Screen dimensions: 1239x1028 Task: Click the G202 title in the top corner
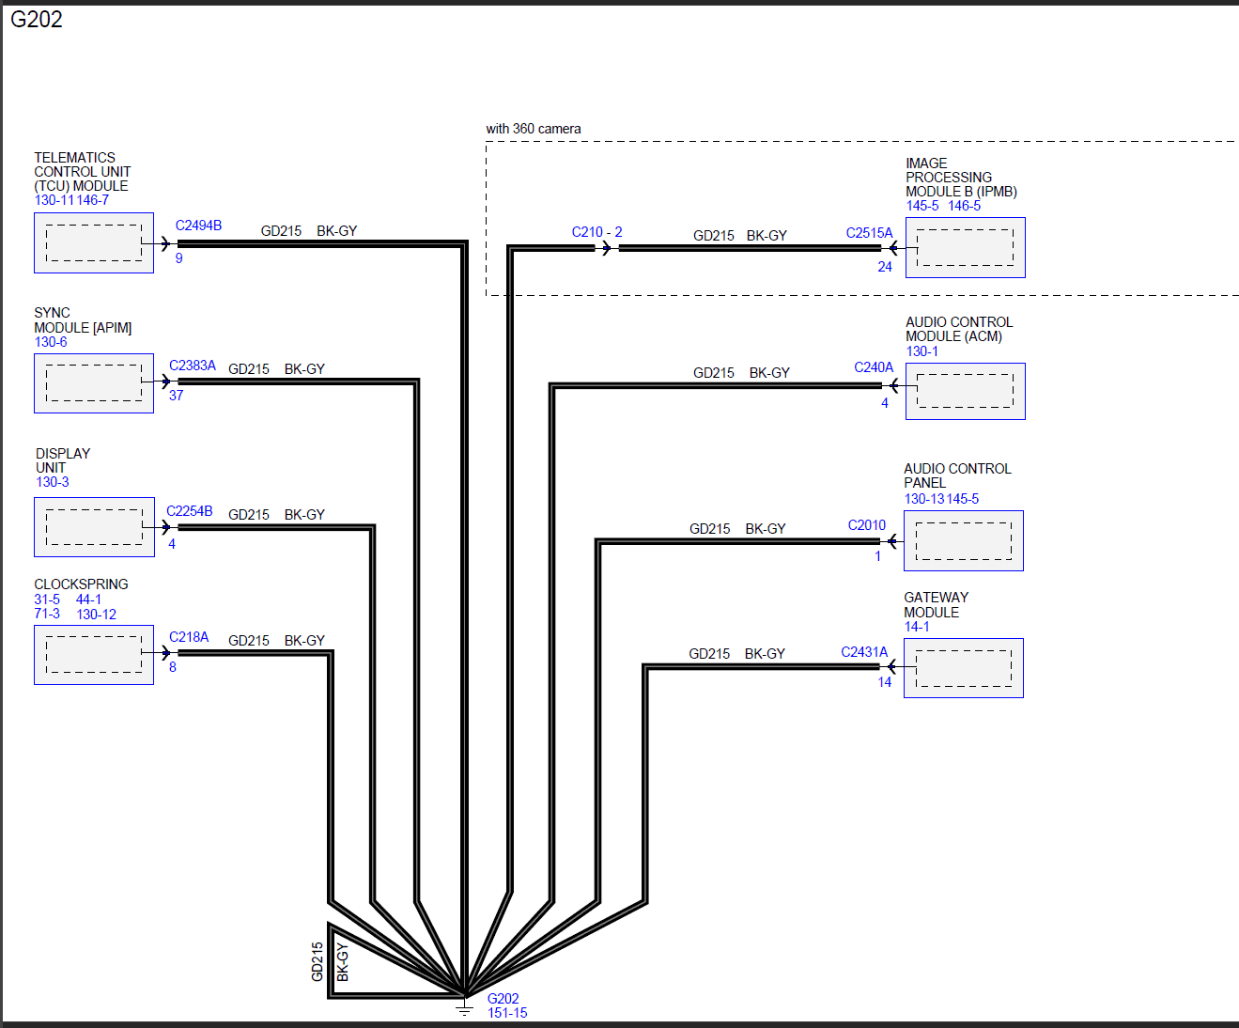[x=37, y=20]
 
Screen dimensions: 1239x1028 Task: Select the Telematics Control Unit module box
[x=94, y=242]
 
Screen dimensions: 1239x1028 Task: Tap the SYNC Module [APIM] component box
[x=94, y=383]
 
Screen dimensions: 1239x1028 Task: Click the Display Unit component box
[x=94, y=527]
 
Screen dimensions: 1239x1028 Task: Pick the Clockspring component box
[x=94, y=655]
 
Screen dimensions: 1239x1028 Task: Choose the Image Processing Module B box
[x=966, y=247]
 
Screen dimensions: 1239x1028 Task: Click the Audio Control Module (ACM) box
[x=966, y=391]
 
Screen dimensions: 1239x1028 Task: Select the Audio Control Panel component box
[x=964, y=540]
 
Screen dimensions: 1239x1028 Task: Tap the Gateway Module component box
[x=964, y=668]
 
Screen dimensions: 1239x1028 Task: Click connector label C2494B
[x=198, y=226]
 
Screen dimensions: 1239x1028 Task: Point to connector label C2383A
[x=193, y=366]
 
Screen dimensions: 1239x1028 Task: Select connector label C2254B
[x=190, y=511]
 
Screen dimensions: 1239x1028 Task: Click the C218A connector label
[x=189, y=637]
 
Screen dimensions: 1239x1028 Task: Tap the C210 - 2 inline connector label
[x=596, y=232]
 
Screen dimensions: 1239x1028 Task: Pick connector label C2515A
[x=869, y=233]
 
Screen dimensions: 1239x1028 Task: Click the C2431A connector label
[x=864, y=652]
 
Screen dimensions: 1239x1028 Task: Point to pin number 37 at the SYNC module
[x=177, y=396]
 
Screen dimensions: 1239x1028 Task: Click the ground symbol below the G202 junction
[x=465, y=1009]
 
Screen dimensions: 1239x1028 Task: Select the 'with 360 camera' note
[x=534, y=129]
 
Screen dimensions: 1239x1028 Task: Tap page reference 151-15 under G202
[x=507, y=1013]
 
